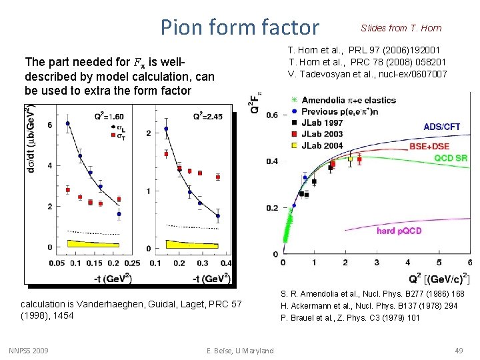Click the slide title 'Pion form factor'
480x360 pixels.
click(x=240, y=27)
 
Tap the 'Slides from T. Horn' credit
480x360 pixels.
click(x=401, y=28)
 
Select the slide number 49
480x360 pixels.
click(x=458, y=351)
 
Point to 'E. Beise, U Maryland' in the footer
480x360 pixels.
click(x=240, y=351)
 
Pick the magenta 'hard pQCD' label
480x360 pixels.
click(x=399, y=231)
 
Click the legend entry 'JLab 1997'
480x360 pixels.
click(x=323, y=123)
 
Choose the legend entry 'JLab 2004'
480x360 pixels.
click(x=323, y=145)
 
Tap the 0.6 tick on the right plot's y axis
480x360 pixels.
click(x=272, y=115)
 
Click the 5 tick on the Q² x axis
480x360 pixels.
click(x=439, y=263)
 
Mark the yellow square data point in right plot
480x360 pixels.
click(x=351, y=159)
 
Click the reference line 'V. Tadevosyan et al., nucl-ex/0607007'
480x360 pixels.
click(x=367, y=74)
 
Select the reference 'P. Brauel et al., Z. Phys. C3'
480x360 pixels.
click(x=350, y=317)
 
